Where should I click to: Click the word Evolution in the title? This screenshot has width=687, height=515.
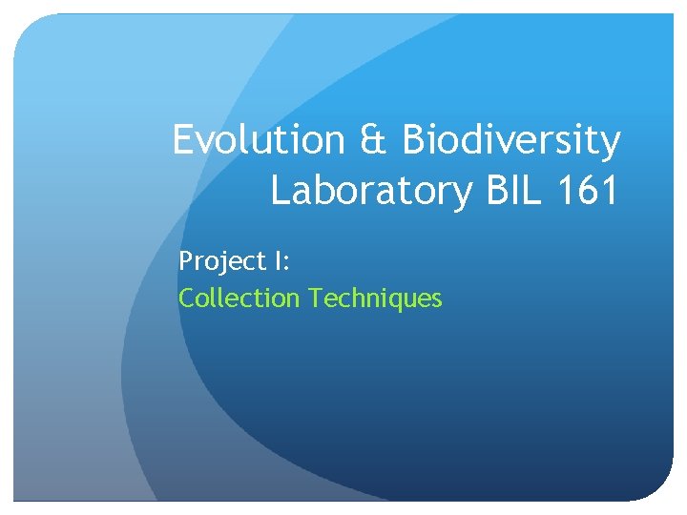point(259,140)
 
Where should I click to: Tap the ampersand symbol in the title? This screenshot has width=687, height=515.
point(373,141)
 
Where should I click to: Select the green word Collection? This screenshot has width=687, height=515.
point(239,299)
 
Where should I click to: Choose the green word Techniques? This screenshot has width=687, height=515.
point(375,299)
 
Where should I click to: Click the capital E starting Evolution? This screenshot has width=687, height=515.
point(182,140)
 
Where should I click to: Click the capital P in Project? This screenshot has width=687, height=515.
point(185,260)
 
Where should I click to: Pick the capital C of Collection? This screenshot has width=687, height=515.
point(187,299)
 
